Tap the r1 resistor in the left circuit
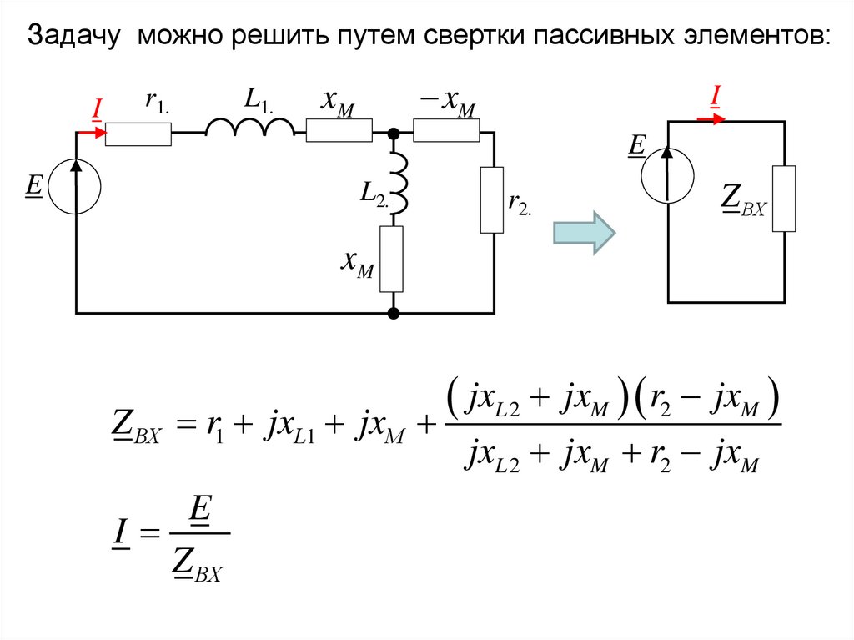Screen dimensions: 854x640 138,134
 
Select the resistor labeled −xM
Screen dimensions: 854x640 446,132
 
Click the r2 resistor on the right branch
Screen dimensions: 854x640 492,199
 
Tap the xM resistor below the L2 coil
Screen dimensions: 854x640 391,259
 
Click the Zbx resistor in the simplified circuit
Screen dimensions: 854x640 783,199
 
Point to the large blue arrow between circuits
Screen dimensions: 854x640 584,231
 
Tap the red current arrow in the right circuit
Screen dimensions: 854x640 711,119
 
